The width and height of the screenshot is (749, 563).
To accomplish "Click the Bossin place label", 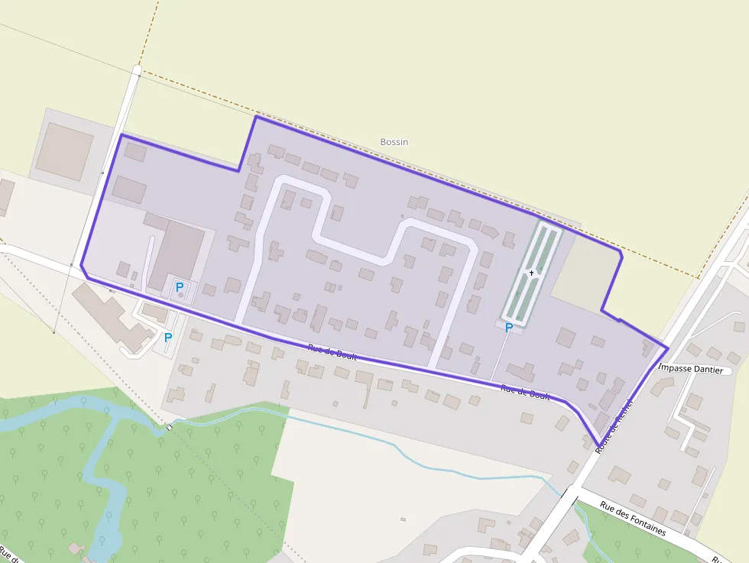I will pyautogui.click(x=394, y=142).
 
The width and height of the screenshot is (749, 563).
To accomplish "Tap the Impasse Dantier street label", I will pyautogui.click(x=690, y=369).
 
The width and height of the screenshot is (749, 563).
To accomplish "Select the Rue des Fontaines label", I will pyautogui.click(x=632, y=518).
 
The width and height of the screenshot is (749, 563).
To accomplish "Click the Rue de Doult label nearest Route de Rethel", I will pyautogui.click(x=525, y=392).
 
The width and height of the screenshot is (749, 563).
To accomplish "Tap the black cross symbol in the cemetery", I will pyautogui.click(x=531, y=273).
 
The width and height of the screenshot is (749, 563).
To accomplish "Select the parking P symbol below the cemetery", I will pyautogui.click(x=508, y=328).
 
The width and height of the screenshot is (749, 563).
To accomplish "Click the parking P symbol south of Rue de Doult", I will pyautogui.click(x=168, y=337).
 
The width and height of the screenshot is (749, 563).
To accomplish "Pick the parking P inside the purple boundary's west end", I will pyautogui.click(x=180, y=287).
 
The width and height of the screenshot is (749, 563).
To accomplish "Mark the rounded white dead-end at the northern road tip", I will pyautogui.click(x=137, y=71).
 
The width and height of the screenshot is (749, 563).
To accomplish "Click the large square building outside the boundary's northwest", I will pyautogui.click(x=65, y=151).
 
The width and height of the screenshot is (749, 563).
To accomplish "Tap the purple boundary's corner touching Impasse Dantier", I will pyautogui.click(x=668, y=348).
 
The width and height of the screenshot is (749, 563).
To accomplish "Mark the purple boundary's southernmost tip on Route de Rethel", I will pyautogui.click(x=598, y=445).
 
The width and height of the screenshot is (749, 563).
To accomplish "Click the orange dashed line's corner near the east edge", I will pyautogui.click(x=699, y=278).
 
